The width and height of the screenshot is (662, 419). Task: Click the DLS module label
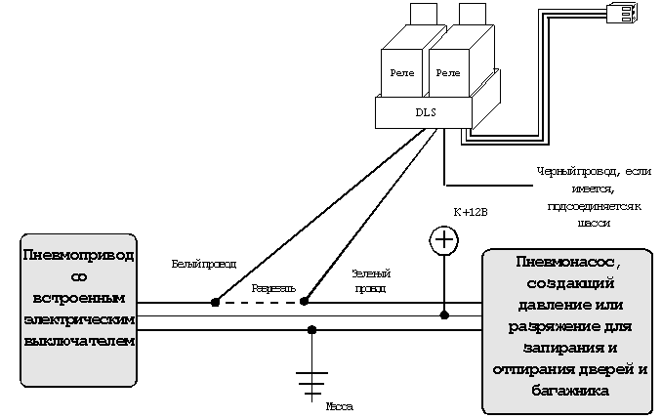click(x=426, y=113)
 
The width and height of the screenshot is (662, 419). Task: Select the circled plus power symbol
click(x=444, y=239)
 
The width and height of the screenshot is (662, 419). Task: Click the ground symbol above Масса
click(x=311, y=380)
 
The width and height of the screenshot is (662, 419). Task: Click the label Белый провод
click(x=203, y=263)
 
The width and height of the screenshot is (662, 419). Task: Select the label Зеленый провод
click(x=368, y=282)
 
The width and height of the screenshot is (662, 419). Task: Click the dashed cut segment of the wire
click(x=259, y=303)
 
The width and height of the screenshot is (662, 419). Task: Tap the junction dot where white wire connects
click(x=215, y=303)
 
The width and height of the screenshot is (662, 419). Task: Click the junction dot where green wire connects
click(x=304, y=303)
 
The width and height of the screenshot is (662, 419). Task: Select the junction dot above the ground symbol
click(x=311, y=329)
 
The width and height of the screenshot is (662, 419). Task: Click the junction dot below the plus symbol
click(x=444, y=315)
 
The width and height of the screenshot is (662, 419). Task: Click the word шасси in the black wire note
click(x=593, y=223)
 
